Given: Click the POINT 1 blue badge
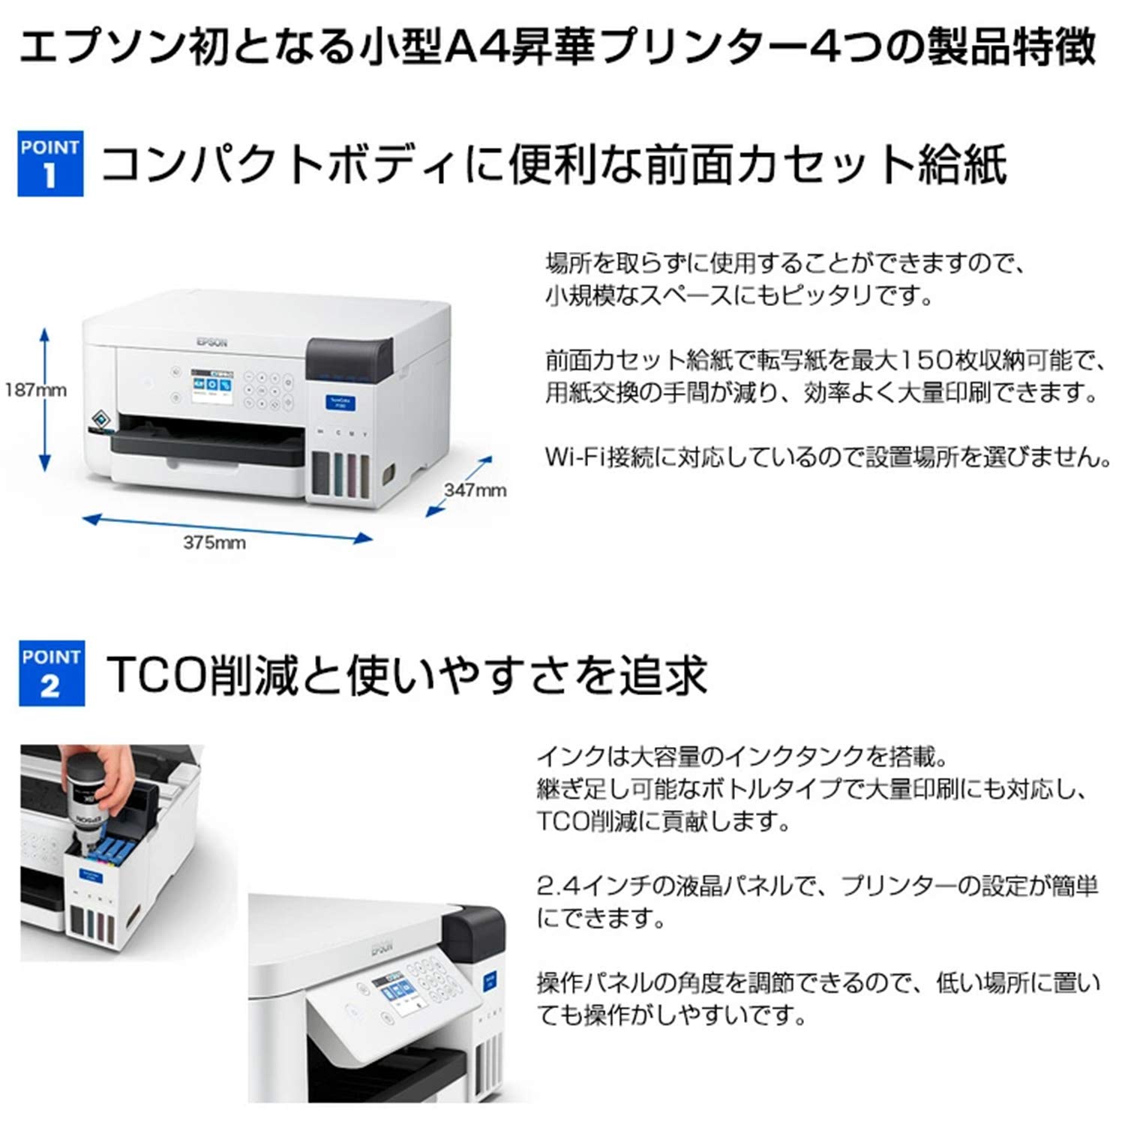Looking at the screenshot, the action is (50, 163).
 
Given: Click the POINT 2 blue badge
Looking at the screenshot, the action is (51, 673).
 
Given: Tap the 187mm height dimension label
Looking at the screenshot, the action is (35, 390).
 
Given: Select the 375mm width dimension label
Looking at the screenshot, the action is (214, 542).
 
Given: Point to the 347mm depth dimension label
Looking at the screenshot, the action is (475, 490).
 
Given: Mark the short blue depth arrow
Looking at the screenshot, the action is (460, 485).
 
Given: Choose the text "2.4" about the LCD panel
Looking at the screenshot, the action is (556, 886).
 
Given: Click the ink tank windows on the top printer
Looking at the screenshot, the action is (342, 473).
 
